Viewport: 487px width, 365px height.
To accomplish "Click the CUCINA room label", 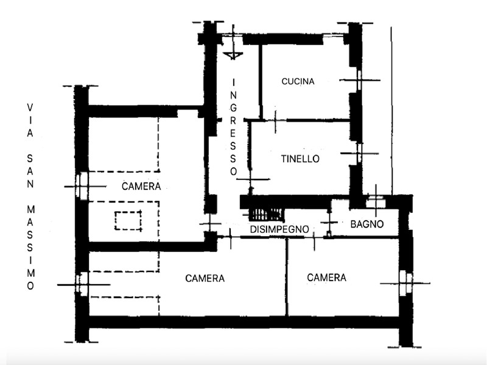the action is [x=298, y=82].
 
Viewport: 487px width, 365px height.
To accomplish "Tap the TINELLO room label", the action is [x=300, y=159].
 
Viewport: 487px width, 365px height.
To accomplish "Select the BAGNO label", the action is [x=367, y=224].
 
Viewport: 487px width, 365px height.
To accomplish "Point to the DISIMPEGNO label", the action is [x=279, y=229].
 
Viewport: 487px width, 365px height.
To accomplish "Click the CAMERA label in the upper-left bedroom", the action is [x=141, y=186].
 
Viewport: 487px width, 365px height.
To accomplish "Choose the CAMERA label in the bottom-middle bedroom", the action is [x=205, y=279].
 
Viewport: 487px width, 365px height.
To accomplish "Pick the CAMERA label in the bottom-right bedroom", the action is [x=326, y=277].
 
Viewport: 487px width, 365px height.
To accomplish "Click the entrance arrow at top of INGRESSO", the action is [x=233, y=56].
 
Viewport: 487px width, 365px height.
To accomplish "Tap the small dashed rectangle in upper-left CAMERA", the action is [x=128, y=221].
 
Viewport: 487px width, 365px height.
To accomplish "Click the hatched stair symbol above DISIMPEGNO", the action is [x=266, y=214].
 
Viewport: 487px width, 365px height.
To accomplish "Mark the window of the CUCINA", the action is [x=359, y=80].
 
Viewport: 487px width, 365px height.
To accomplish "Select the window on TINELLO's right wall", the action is [x=359, y=153].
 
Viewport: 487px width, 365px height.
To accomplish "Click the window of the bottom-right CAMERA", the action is [x=405, y=283].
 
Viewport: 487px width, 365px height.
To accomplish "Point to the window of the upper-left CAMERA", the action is [x=82, y=186].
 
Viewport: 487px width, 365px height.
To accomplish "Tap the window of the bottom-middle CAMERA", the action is [x=82, y=284].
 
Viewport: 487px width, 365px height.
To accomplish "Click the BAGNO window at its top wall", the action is [x=376, y=202].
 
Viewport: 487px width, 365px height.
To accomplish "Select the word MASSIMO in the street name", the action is [x=30, y=248].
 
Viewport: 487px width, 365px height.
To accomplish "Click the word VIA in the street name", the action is [x=30, y=120].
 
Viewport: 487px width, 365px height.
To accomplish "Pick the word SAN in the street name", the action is [x=30, y=171].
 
